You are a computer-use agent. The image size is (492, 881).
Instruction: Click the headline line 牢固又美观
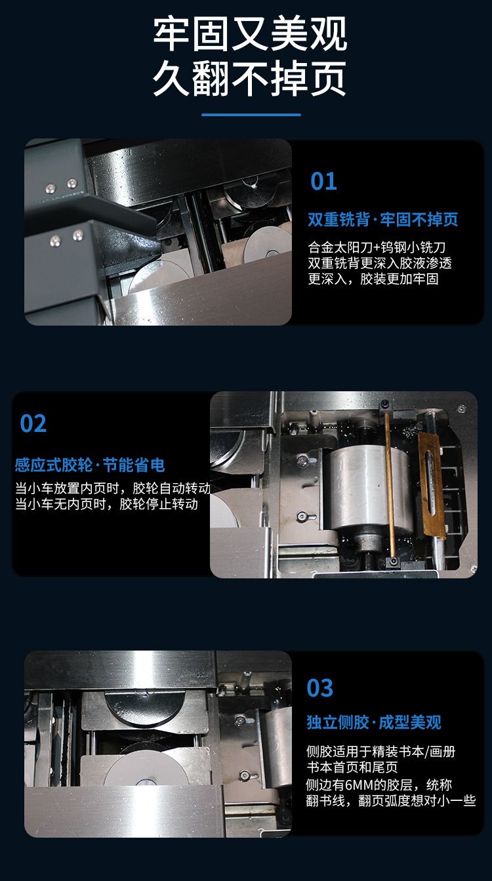click(x=250, y=34)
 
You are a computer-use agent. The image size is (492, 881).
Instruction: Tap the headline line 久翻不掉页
click(x=250, y=79)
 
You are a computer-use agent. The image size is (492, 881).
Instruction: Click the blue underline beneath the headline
click(x=251, y=115)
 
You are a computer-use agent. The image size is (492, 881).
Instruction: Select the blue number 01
click(x=323, y=181)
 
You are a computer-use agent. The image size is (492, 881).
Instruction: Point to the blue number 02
click(x=33, y=423)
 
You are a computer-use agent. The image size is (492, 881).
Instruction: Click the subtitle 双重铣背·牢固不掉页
click(x=382, y=219)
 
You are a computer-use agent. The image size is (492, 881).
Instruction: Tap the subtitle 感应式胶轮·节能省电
click(x=90, y=465)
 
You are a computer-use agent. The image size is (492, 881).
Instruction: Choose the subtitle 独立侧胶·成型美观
click(x=374, y=722)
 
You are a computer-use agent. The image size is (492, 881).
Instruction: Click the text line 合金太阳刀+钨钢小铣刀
click(x=377, y=247)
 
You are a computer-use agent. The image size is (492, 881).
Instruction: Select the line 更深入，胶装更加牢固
click(x=373, y=279)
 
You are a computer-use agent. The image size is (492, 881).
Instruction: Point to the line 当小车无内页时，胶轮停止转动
click(x=106, y=504)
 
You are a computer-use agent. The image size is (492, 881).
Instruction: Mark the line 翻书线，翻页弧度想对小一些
click(x=390, y=801)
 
